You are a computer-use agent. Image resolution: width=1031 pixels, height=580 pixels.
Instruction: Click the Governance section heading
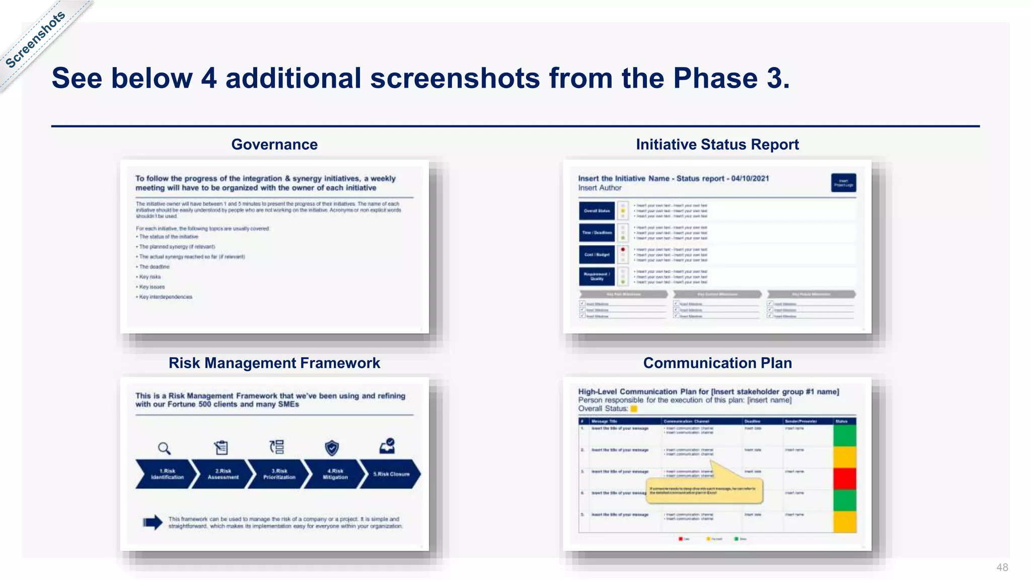click(274, 144)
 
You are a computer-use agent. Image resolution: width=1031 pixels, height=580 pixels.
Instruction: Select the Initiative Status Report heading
click(717, 144)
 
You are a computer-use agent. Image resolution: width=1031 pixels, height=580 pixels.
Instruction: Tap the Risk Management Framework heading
click(274, 363)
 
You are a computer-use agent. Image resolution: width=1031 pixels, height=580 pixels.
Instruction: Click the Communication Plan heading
click(717, 363)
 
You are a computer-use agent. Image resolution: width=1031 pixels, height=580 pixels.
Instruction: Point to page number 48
click(1002, 567)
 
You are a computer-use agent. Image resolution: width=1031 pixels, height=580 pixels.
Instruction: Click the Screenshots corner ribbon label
click(35, 39)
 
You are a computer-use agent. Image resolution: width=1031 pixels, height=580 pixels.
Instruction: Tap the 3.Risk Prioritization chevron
click(279, 474)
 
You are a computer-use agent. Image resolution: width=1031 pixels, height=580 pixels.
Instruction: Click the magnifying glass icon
click(164, 448)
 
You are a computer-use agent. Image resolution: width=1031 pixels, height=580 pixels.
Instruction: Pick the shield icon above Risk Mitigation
click(332, 447)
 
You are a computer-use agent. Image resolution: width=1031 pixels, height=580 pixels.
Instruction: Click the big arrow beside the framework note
click(153, 523)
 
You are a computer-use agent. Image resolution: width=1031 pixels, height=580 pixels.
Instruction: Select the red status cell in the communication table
click(845, 478)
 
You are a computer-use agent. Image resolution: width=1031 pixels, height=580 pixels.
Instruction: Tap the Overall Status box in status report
click(597, 211)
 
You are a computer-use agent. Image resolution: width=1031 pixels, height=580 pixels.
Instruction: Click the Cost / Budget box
click(597, 255)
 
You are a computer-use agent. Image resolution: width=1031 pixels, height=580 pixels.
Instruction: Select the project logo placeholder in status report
click(843, 183)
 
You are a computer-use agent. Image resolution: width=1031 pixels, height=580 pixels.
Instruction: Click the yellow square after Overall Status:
click(634, 409)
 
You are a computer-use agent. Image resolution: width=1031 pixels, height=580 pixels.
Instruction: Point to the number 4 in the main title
click(208, 79)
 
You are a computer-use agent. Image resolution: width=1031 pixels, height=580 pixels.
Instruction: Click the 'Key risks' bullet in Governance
click(150, 277)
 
